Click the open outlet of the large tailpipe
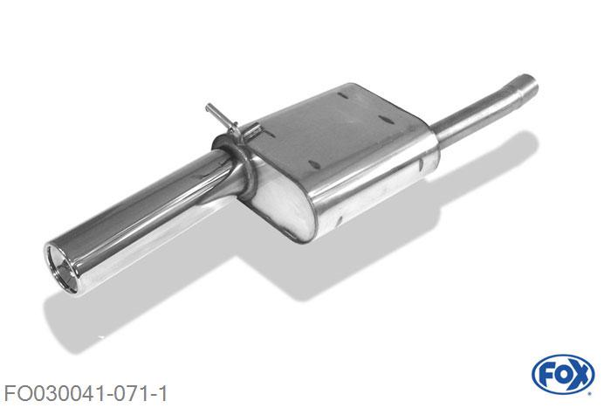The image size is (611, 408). click(x=62, y=268)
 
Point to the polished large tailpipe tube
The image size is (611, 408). click(x=144, y=218)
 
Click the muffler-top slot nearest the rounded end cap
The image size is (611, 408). click(x=315, y=164)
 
